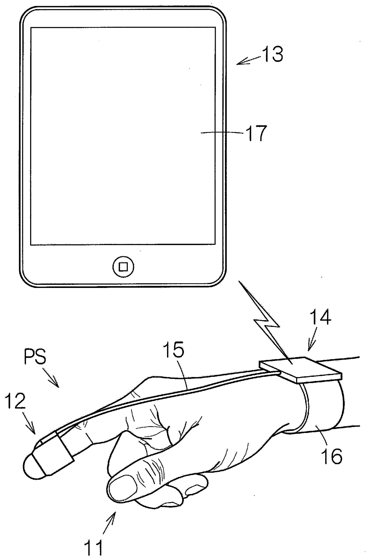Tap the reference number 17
[256, 133]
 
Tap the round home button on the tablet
[123, 267]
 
